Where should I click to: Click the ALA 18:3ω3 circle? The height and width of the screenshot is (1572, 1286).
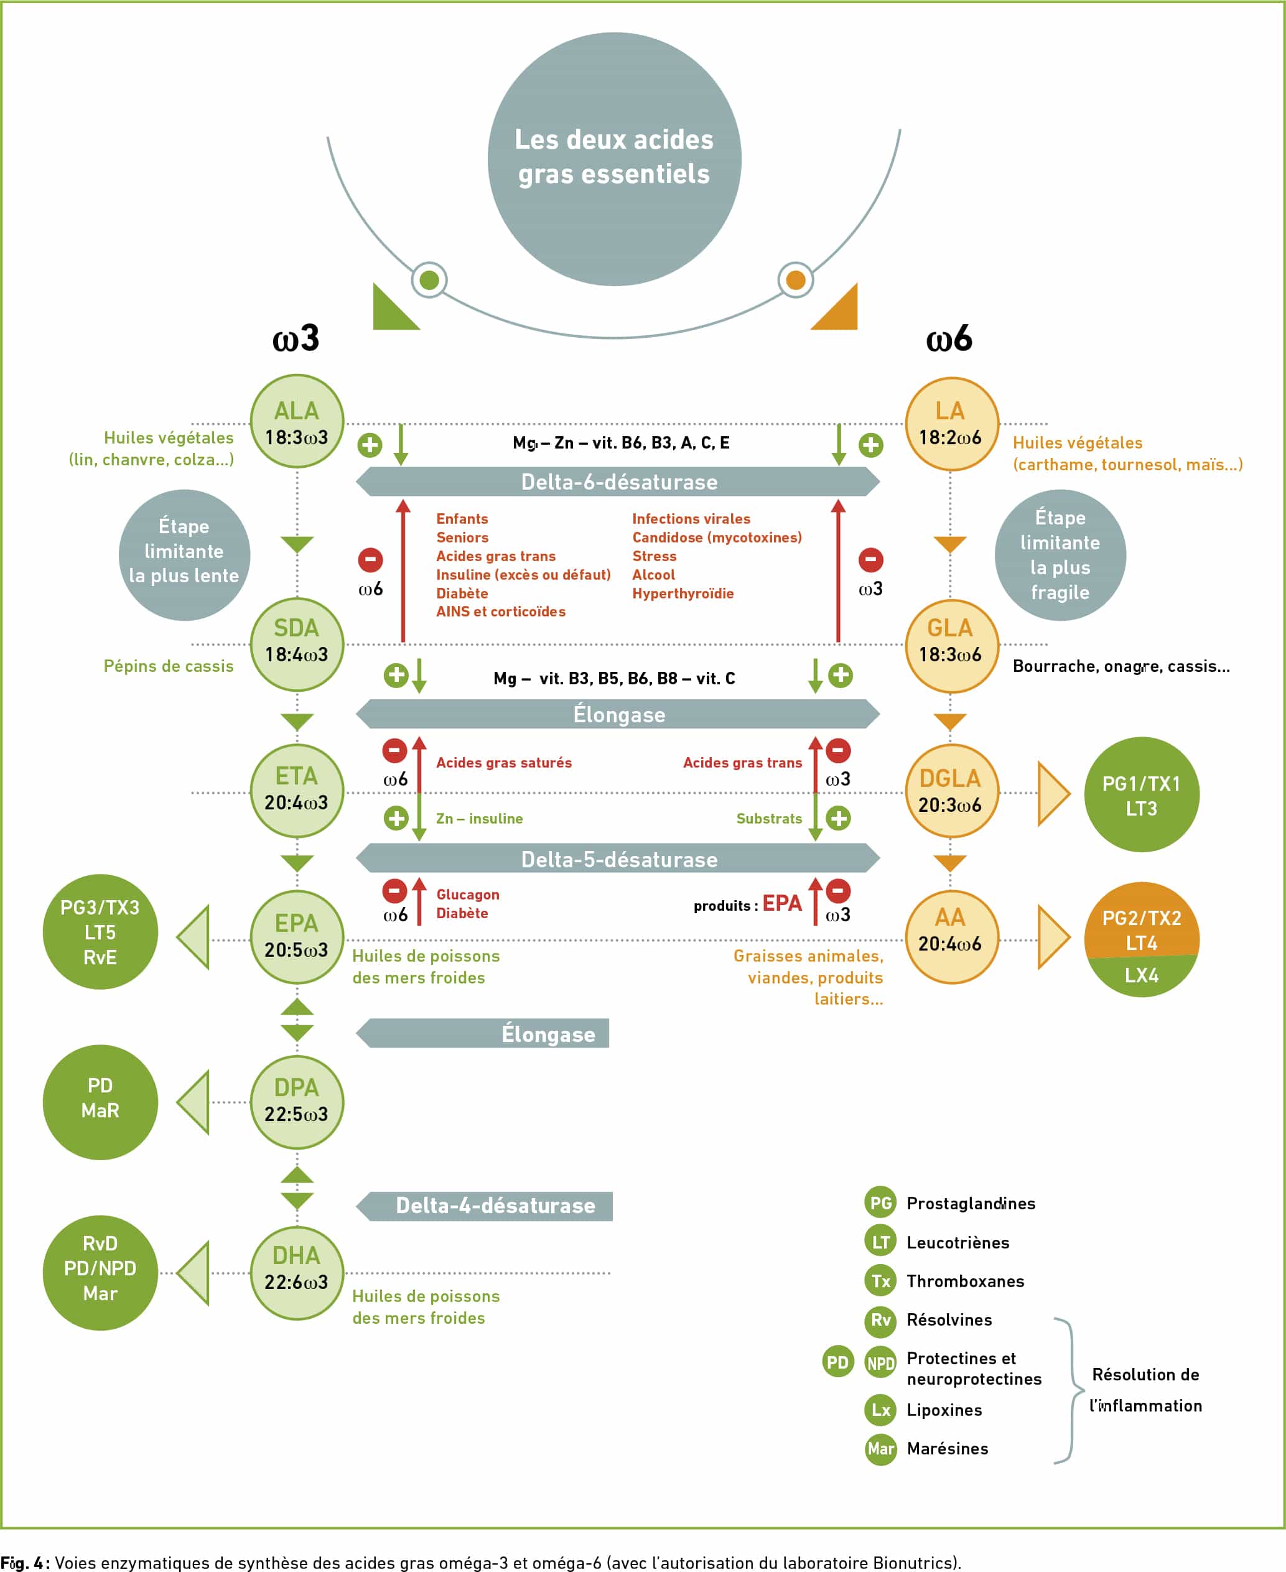point(297,421)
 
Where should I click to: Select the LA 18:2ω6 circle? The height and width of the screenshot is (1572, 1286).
point(952,424)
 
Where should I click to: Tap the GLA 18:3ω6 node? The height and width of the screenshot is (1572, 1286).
point(952,645)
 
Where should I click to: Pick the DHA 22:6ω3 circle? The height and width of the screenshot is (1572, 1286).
point(297,1273)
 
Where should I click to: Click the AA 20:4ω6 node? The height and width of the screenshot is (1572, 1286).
point(952,936)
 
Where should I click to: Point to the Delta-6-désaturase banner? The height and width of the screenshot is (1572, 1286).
point(618,481)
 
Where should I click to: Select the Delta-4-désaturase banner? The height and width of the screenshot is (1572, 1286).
point(485,1206)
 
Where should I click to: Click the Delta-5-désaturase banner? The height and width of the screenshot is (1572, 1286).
point(618,858)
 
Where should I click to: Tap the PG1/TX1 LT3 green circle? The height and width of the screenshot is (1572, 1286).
point(1142,794)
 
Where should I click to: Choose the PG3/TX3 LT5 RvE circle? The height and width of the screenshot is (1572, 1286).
point(100,931)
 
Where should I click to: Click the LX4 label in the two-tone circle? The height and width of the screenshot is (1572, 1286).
point(1142,975)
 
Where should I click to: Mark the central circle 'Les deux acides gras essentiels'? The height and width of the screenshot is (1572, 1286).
point(614,159)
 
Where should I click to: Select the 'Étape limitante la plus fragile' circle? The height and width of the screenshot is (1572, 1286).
point(1060,555)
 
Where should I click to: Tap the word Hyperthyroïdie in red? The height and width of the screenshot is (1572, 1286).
point(683,593)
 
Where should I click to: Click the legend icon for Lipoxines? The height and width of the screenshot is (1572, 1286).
point(881,1409)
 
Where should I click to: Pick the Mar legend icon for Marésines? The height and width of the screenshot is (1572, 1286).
point(881,1448)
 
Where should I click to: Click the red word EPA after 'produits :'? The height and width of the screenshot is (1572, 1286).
point(782,903)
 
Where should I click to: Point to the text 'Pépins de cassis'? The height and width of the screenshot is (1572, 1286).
point(168,666)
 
